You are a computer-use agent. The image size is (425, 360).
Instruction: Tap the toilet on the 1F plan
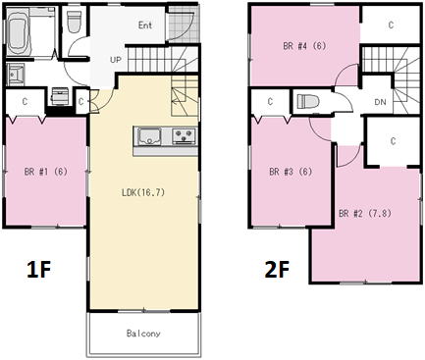coord(74,22)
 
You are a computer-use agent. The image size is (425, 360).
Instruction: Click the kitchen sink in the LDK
coord(150,136)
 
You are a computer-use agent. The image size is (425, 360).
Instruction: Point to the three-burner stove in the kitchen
coord(185,135)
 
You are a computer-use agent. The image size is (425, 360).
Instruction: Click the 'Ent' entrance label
coord(145,25)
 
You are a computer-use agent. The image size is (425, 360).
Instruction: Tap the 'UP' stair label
coord(116,60)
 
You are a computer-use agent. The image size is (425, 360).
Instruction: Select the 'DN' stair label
coord(380,102)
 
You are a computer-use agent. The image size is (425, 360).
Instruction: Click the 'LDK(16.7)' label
coord(143,192)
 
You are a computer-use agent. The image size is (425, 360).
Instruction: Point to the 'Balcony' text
coord(143,334)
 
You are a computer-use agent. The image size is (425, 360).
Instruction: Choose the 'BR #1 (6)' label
coord(46,172)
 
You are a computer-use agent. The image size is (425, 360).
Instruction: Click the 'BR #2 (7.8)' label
coord(365,214)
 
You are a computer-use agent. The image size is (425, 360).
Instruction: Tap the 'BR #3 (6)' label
coord(291,172)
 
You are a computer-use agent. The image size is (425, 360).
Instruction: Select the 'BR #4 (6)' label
coord(304,46)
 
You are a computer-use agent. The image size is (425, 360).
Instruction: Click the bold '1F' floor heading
coord(39,270)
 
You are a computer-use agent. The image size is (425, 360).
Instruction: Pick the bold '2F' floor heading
coord(277,270)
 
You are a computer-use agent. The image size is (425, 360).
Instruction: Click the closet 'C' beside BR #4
coord(391,25)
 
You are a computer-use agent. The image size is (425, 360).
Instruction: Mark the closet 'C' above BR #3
coord(270,102)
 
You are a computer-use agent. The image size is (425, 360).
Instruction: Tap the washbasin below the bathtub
coord(15,75)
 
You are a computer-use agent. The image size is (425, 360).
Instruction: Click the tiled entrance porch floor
coord(184,24)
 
